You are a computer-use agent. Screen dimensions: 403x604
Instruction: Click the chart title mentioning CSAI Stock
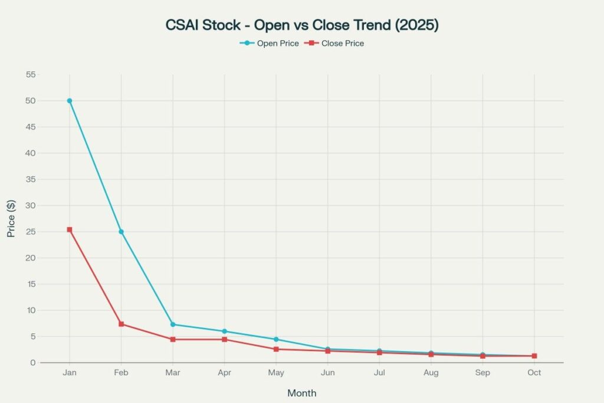tap(301, 25)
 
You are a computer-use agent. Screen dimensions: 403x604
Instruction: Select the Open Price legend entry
tap(269, 43)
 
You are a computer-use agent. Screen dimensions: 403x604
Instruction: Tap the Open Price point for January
tap(70, 101)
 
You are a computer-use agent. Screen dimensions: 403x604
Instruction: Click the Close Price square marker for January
tap(70, 230)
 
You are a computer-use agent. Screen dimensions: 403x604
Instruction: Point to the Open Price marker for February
tap(121, 232)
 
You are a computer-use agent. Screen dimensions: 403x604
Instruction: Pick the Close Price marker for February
tap(121, 324)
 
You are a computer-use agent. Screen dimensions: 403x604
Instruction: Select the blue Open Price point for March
tap(173, 325)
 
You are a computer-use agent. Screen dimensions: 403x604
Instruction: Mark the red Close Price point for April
tap(224, 339)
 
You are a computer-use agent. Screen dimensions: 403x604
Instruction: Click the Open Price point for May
tap(276, 339)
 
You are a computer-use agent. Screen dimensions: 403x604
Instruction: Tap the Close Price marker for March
tap(173, 339)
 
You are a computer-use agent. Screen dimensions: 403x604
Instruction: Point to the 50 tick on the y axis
tap(30, 101)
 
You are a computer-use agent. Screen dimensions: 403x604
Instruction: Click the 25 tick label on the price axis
tap(30, 232)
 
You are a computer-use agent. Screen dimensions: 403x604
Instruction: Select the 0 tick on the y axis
tap(32, 363)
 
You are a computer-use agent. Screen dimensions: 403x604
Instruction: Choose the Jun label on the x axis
tap(327, 373)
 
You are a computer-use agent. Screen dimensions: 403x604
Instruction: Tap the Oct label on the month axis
tap(534, 373)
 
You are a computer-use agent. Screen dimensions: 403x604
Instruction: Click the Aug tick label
tap(431, 373)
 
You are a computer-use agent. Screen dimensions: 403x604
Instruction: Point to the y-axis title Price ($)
tap(11, 218)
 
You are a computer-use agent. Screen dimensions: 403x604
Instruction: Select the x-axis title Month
tap(301, 393)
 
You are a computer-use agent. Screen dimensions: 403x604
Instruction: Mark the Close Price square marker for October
tap(534, 356)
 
